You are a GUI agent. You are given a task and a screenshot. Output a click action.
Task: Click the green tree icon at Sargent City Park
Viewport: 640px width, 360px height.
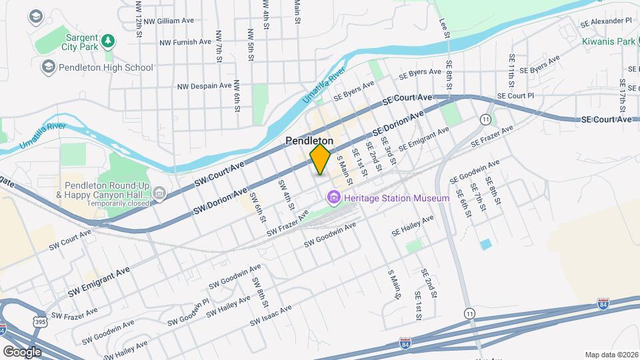tap(108, 42)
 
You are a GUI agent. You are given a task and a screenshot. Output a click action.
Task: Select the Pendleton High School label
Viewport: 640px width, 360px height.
tap(106, 67)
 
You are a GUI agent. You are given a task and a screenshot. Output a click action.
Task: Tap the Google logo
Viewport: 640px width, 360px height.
tap(22, 351)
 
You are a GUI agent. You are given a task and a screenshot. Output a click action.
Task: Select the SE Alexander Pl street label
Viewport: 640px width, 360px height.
tap(607, 21)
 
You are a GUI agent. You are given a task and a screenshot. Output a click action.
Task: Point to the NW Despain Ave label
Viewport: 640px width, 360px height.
tap(204, 86)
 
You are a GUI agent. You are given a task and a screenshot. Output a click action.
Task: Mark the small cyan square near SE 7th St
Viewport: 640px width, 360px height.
tap(485, 245)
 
